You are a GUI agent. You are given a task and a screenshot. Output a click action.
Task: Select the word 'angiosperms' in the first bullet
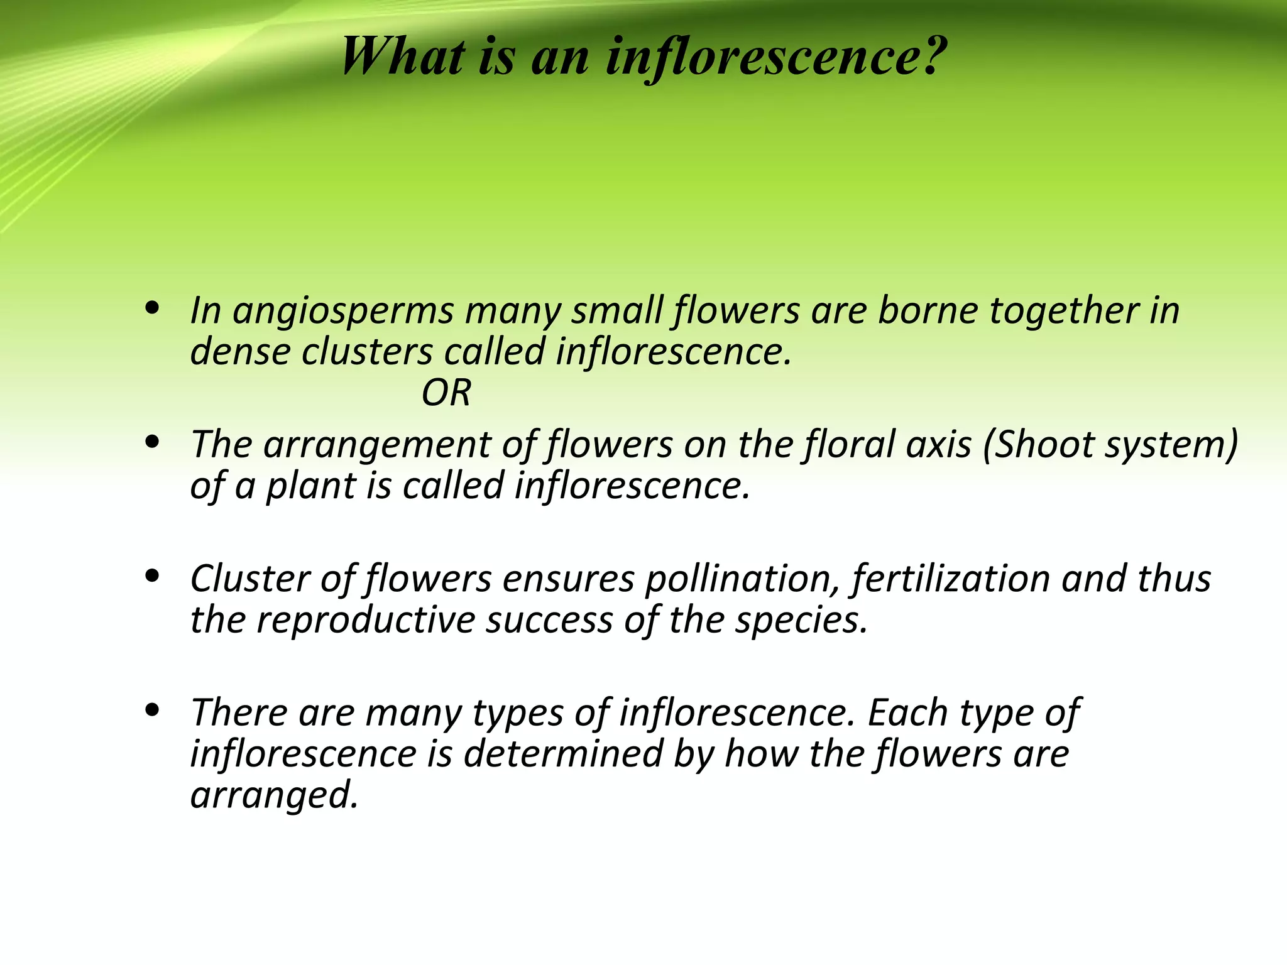pos(343,312)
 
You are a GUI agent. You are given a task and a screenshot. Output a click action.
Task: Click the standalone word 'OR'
pos(446,393)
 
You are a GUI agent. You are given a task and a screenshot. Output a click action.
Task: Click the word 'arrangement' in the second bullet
pos(376,445)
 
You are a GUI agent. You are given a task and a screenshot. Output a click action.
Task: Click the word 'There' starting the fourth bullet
pos(238,712)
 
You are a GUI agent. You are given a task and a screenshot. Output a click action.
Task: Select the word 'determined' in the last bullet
pos(563,753)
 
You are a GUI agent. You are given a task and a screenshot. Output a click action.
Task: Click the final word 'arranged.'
pos(275,795)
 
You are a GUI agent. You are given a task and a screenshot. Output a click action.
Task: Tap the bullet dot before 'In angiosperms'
pos(151,309)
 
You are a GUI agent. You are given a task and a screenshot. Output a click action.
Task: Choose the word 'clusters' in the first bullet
pos(368,352)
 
